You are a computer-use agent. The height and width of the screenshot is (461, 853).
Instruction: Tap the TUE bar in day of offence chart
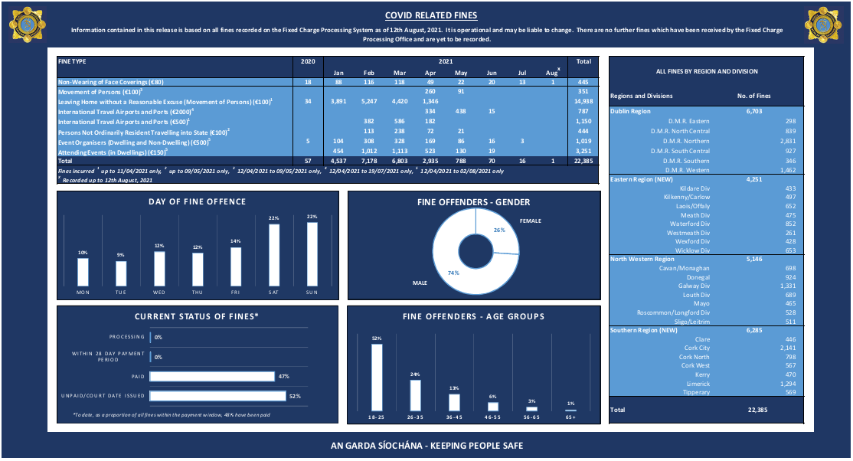[x=121, y=273]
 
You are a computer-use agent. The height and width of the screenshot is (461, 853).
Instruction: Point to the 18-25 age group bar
[x=377, y=378]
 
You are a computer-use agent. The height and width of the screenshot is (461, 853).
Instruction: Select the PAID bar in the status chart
[x=211, y=376]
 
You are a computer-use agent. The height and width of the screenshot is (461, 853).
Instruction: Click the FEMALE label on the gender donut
[x=531, y=221]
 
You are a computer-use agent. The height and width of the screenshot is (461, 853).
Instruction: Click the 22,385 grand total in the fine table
[x=583, y=162]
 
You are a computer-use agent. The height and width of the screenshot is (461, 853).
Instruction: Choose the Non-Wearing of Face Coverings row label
[x=111, y=82]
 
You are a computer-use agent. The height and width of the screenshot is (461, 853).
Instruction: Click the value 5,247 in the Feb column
[x=368, y=101]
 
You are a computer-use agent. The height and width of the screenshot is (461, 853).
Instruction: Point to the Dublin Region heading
[x=630, y=111]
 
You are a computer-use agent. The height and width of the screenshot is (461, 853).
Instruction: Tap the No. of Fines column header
[x=753, y=96]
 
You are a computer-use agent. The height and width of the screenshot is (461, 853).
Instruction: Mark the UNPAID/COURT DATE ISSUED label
[x=103, y=396]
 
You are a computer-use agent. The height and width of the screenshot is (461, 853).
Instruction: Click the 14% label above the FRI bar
[x=236, y=241]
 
